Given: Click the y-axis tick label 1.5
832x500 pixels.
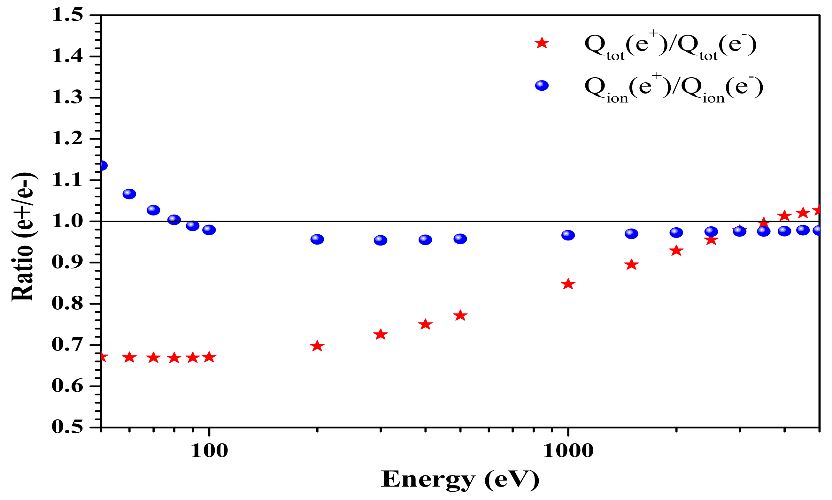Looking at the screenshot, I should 67,16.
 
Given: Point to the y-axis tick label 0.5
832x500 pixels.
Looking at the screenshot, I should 67,428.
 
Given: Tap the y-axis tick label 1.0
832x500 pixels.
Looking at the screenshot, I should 67,221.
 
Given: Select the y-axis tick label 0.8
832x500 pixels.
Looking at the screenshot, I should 67,304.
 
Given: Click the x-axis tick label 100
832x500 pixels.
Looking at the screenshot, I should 209,451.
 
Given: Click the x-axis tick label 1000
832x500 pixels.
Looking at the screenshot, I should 568,451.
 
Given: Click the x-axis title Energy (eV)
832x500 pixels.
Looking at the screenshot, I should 460,479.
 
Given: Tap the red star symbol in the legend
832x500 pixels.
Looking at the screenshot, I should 542,43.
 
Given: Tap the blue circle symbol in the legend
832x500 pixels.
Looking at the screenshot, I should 542,86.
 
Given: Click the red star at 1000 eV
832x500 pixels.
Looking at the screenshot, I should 568,284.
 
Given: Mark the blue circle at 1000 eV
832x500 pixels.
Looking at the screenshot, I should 568,235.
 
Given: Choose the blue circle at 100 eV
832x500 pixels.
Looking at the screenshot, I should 209,230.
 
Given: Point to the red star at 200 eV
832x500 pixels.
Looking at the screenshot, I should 317,346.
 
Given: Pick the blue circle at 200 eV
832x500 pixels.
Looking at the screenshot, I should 317,239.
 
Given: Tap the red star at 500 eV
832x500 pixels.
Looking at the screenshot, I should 460,316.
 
